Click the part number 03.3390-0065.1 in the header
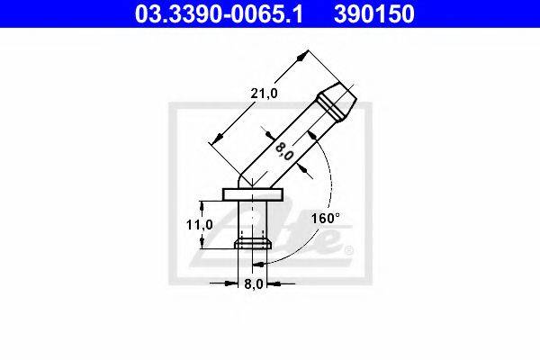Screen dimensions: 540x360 (x=219, y=13)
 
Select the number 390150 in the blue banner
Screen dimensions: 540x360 (x=374, y=13)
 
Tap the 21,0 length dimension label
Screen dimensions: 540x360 (x=264, y=93)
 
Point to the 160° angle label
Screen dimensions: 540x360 (x=326, y=218)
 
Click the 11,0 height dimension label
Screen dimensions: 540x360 (x=200, y=225)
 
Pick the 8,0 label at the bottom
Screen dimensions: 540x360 (x=254, y=284)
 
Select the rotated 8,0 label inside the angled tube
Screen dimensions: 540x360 (x=284, y=151)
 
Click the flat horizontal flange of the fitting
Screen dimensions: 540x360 (x=253, y=194)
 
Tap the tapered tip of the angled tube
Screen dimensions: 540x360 (x=337, y=102)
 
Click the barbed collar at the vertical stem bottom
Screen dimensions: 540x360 (x=253, y=243)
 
